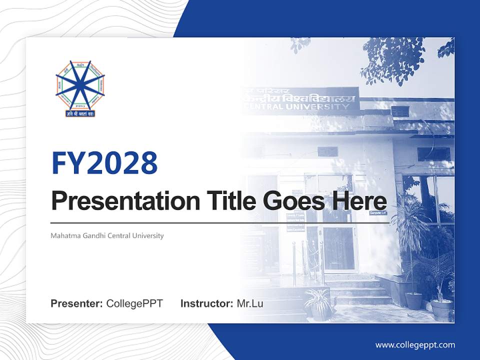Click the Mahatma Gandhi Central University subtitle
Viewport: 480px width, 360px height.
tap(107, 235)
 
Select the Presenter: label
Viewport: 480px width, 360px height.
tap(77, 303)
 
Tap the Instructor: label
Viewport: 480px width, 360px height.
tap(206, 303)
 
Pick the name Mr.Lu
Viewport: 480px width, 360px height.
tap(250, 303)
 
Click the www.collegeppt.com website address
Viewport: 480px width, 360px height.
tap(415, 344)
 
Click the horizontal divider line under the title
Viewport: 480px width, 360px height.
tap(220, 223)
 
